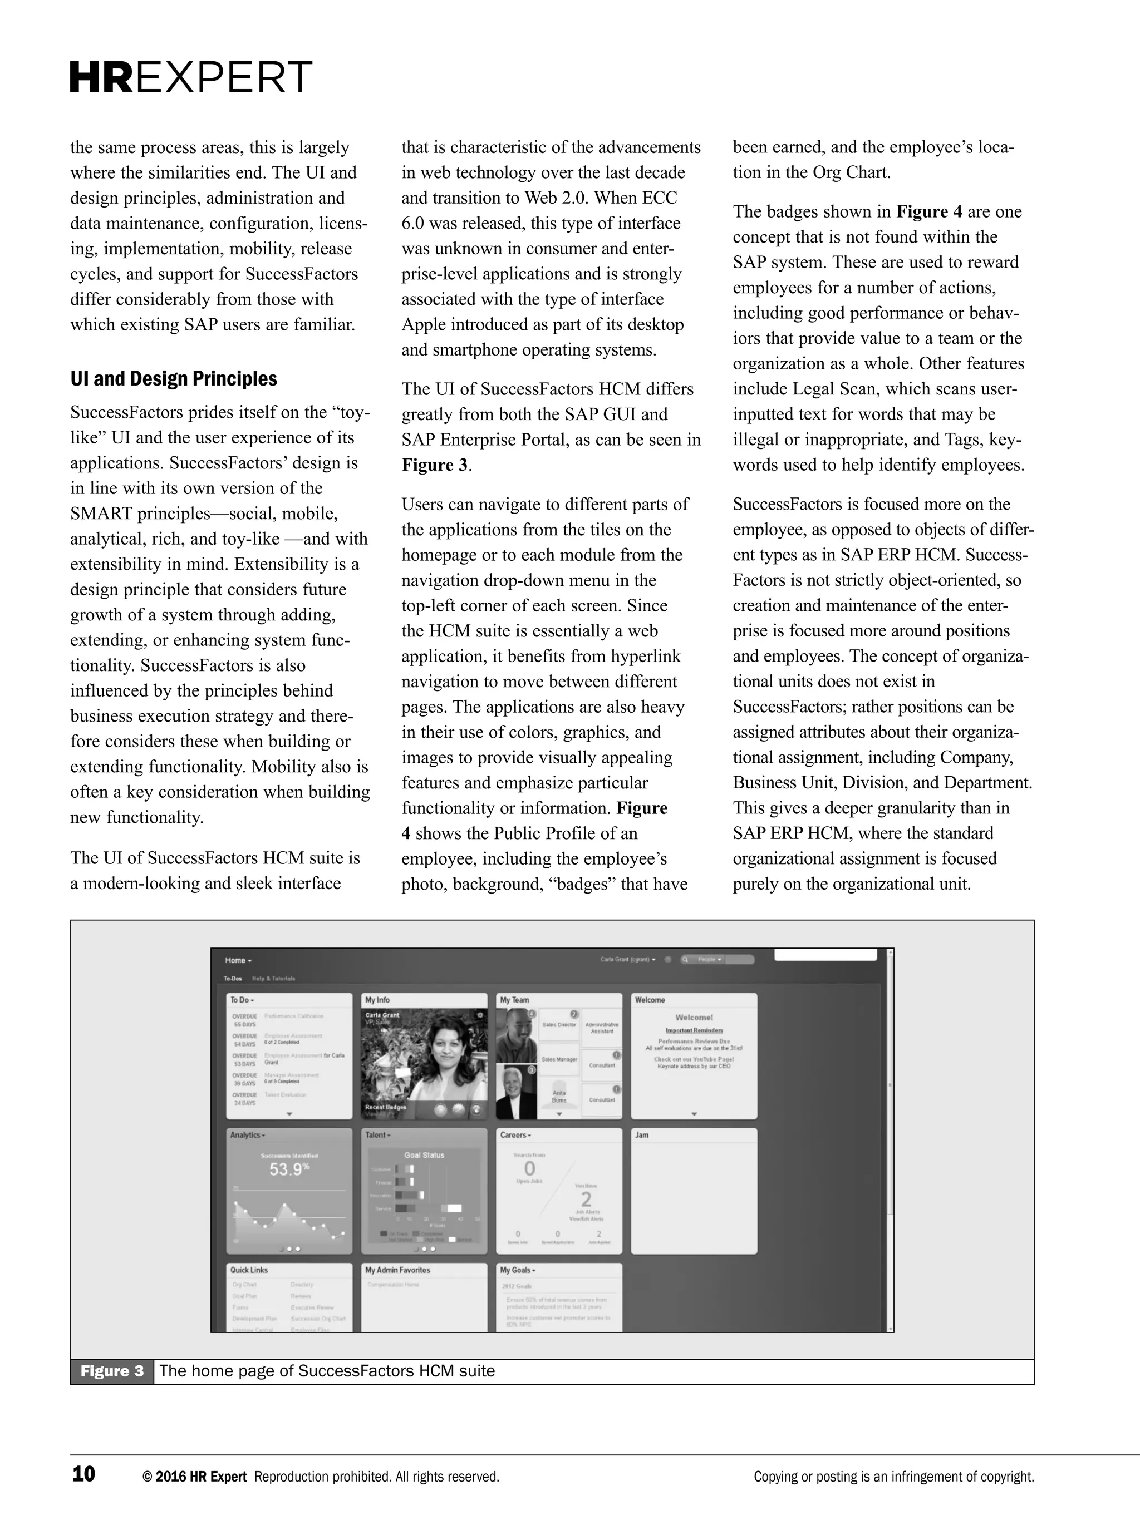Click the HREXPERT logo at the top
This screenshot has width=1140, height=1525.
pyautogui.click(x=191, y=77)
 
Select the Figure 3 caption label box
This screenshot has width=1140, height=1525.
pyautogui.click(x=112, y=1371)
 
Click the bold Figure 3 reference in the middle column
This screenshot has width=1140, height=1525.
pyautogui.click(x=435, y=465)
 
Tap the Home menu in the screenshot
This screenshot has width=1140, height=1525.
pyautogui.click(x=238, y=960)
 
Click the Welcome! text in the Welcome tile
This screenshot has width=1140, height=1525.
pyautogui.click(x=694, y=1018)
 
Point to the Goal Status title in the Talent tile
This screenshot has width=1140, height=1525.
pyautogui.click(x=424, y=1155)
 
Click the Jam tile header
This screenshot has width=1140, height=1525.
pyautogui.click(x=641, y=1135)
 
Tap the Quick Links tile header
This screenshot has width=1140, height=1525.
pyautogui.click(x=249, y=1270)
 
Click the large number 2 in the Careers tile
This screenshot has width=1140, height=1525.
pyautogui.click(x=586, y=1200)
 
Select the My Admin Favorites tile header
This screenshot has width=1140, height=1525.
pyautogui.click(x=397, y=1270)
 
